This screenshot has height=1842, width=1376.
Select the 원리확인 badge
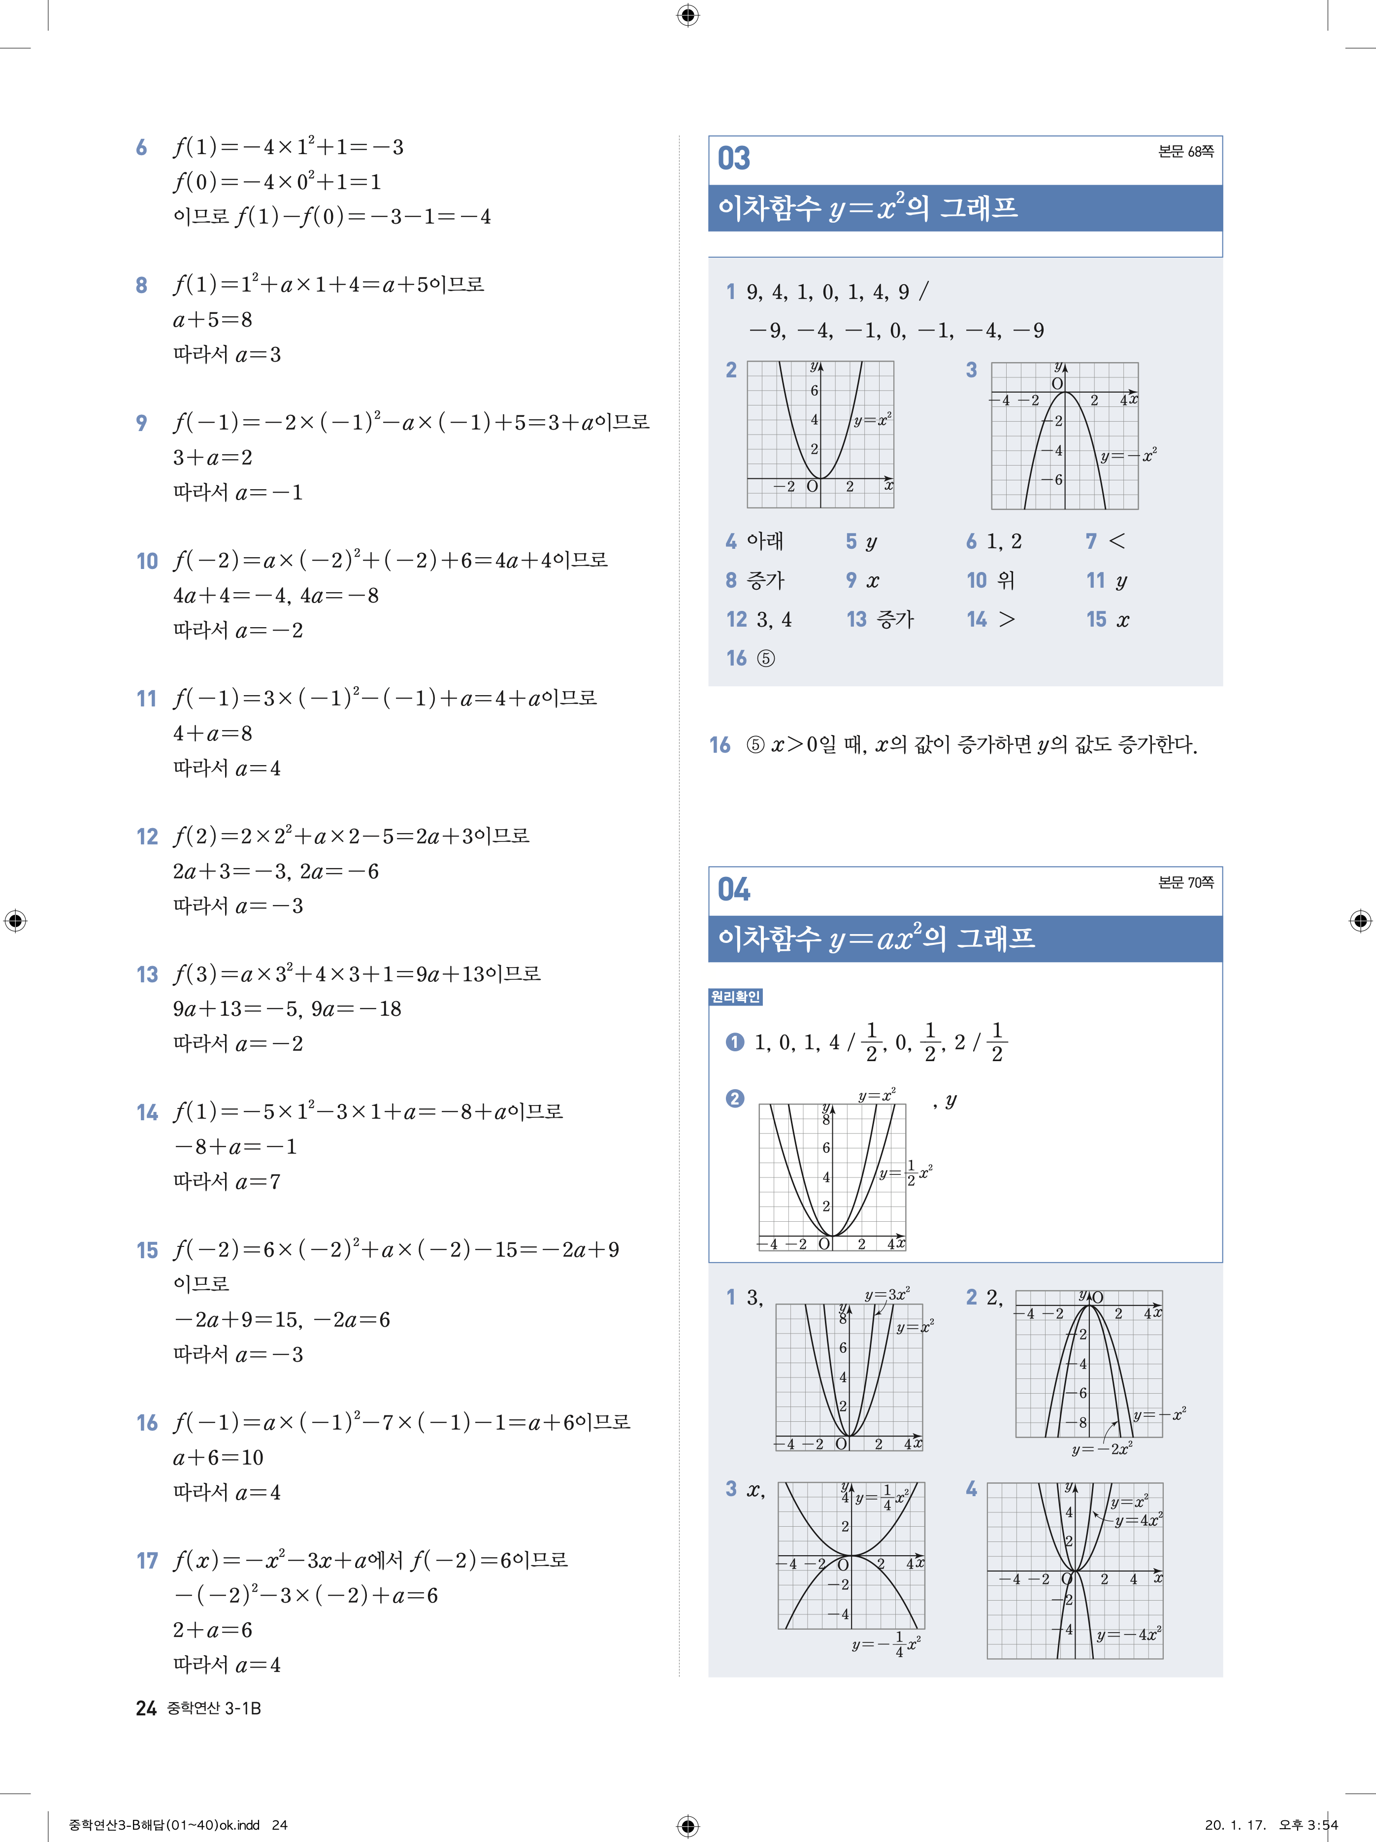(735, 997)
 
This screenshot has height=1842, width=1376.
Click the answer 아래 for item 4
(765, 541)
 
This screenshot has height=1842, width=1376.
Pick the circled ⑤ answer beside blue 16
(766, 659)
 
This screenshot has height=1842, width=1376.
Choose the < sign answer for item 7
(1117, 541)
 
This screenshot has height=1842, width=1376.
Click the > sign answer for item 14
(1007, 620)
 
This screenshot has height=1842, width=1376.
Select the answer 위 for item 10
(1007, 580)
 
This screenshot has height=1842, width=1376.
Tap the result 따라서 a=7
(227, 1182)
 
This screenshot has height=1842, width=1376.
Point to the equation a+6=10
(218, 1457)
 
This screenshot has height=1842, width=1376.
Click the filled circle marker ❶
(734, 1042)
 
